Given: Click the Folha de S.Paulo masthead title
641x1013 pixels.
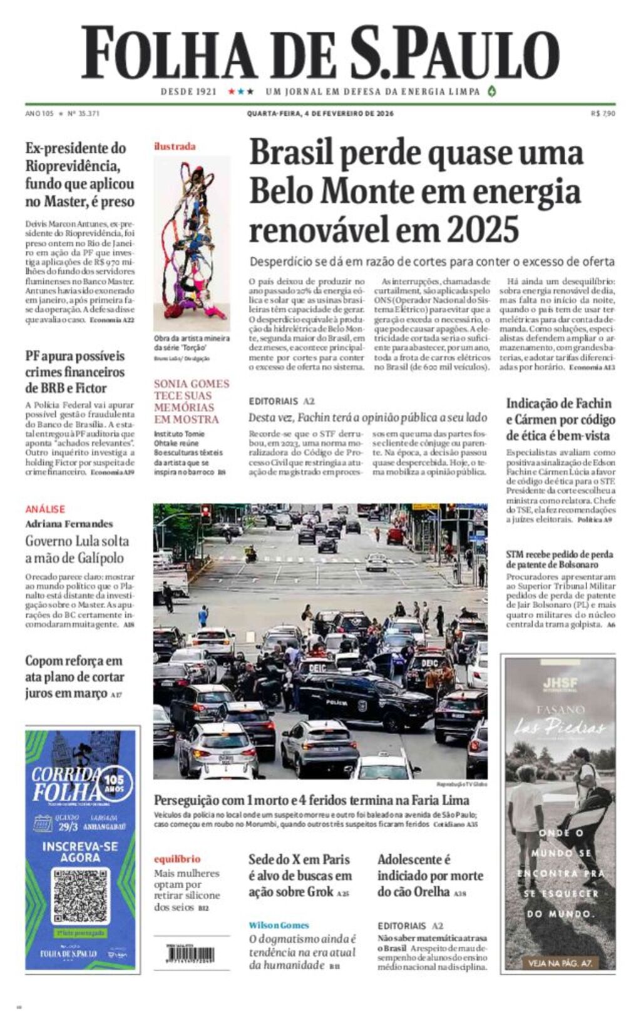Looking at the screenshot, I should point(320,53).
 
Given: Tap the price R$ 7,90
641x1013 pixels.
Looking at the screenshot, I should point(603,113).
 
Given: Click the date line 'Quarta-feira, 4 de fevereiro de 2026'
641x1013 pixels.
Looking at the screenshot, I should point(320,113).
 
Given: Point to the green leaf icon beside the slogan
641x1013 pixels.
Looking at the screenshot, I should point(492,91).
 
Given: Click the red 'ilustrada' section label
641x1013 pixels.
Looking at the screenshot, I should point(175,146).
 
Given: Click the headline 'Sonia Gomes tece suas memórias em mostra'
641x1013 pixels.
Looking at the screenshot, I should point(191,401).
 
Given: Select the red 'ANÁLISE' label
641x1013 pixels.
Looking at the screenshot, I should point(45,509).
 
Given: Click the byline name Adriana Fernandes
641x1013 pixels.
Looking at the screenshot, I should point(69,524).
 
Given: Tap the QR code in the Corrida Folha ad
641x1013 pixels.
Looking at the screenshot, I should point(81,895).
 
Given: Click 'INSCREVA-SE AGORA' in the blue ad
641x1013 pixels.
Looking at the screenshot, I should point(80,852).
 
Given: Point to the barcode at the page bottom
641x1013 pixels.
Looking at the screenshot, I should point(190,955).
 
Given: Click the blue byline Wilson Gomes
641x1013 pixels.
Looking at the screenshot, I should point(279,925).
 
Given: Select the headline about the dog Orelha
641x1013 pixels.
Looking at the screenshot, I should point(429,875).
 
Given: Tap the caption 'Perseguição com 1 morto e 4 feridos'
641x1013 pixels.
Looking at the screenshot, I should point(311,800).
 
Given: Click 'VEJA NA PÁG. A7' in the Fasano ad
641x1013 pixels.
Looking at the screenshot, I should point(560,963).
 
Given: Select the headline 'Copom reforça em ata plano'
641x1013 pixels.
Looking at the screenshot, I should point(74,676).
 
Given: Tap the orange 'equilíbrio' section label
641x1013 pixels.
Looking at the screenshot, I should point(177,859).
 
